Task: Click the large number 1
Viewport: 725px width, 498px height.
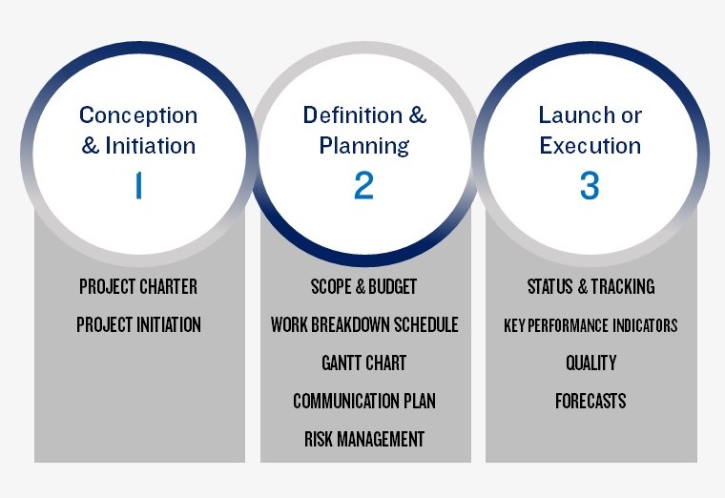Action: pyautogui.click(x=138, y=185)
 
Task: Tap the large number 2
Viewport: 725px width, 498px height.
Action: pyautogui.click(x=363, y=185)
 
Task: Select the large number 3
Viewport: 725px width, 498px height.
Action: pyautogui.click(x=590, y=185)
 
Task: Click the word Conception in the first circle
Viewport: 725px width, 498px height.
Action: pyautogui.click(x=138, y=115)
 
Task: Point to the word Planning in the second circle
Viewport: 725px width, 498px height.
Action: pyautogui.click(x=363, y=147)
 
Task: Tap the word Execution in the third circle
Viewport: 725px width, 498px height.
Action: pyautogui.click(x=590, y=146)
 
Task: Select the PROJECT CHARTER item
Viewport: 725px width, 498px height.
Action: pyautogui.click(x=138, y=287)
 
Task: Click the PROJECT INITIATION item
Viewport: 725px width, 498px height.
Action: pyautogui.click(x=138, y=324)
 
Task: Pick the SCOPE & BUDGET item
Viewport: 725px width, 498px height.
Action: pyautogui.click(x=363, y=287)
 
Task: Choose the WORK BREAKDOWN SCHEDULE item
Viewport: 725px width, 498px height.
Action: pyautogui.click(x=364, y=324)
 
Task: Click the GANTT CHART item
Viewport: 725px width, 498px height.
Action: pyautogui.click(x=363, y=363)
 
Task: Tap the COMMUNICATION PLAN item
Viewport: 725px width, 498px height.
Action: pyautogui.click(x=364, y=401)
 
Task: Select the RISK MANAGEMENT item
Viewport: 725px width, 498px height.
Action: pyautogui.click(x=364, y=439)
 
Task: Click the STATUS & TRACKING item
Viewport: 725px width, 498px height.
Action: pyautogui.click(x=590, y=287)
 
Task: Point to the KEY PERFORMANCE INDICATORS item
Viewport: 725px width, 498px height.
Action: pyautogui.click(x=590, y=325)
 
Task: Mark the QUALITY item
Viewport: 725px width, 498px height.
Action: pyautogui.click(x=590, y=363)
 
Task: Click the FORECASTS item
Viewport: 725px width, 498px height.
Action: pyautogui.click(x=590, y=401)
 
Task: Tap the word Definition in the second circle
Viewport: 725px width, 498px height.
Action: pyautogui.click(x=352, y=115)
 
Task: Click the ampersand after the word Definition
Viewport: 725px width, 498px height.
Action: pyautogui.click(x=418, y=115)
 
